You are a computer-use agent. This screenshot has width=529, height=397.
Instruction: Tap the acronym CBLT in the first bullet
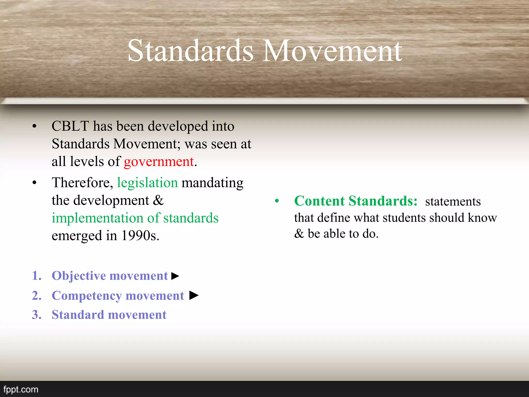pyautogui.click(x=70, y=126)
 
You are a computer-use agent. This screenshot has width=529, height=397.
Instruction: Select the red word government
pyautogui.click(x=159, y=162)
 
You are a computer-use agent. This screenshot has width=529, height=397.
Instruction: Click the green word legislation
pyautogui.click(x=147, y=183)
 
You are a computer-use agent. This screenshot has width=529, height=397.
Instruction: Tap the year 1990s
pyautogui.click(x=140, y=236)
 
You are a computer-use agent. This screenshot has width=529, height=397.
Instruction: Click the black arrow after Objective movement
pyautogui.click(x=175, y=276)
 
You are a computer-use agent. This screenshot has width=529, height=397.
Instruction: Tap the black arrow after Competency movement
pyautogui.click(x=194, y=295)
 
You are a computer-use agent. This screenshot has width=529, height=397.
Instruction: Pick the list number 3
pyautogui.click(x=36, y=315)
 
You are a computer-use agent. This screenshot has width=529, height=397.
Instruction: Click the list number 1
pyautogui.click(x=36, y=276)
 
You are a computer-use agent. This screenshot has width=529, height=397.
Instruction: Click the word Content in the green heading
pyautogui.click(x=320, y=201)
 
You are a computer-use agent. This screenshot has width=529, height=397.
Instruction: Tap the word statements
pyautogui.click(x=453, y=202)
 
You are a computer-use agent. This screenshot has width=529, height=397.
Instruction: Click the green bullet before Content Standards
pyautogui.click(x=277, y=201)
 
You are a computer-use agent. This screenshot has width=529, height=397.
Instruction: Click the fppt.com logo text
pyautogui.click(x=21, y=389)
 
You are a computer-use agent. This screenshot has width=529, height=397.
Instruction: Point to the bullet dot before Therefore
pyautogui.click(x=35, y=183)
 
